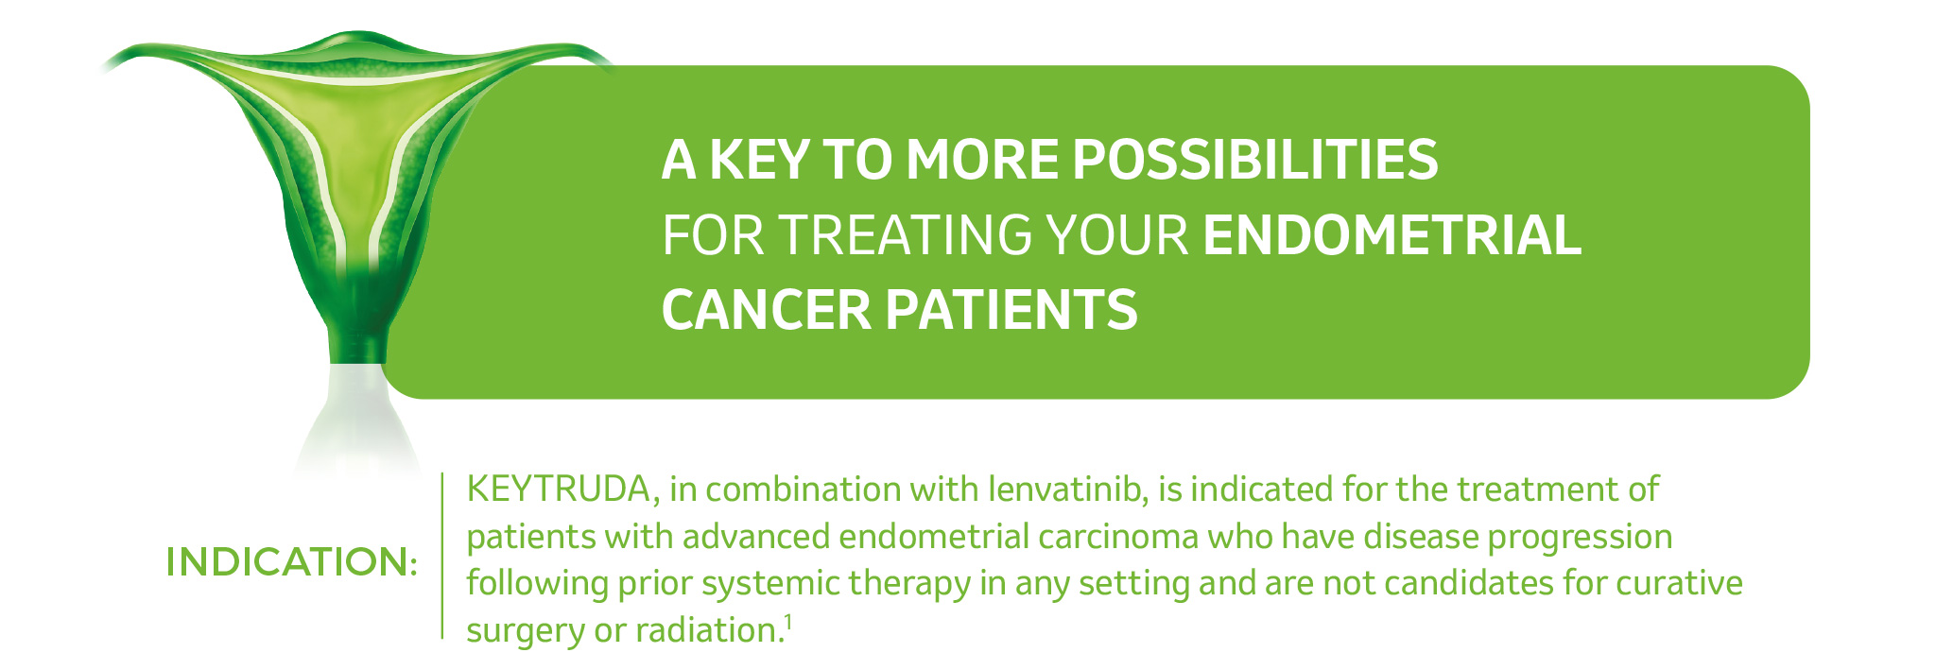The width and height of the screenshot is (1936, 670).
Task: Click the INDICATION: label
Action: [x=291, y=561]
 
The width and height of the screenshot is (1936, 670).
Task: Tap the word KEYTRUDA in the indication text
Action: [x=558, y=490]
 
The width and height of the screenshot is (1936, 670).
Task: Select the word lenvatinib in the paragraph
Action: [x=1067, y=490]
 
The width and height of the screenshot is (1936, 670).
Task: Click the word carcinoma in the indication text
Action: [x=1117, y=537]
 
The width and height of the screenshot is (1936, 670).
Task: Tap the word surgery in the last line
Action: [x=525, y=630]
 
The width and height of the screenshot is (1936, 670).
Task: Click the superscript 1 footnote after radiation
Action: [x=787, y=622]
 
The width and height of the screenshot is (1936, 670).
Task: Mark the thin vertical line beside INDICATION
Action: [x=442, y=558]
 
